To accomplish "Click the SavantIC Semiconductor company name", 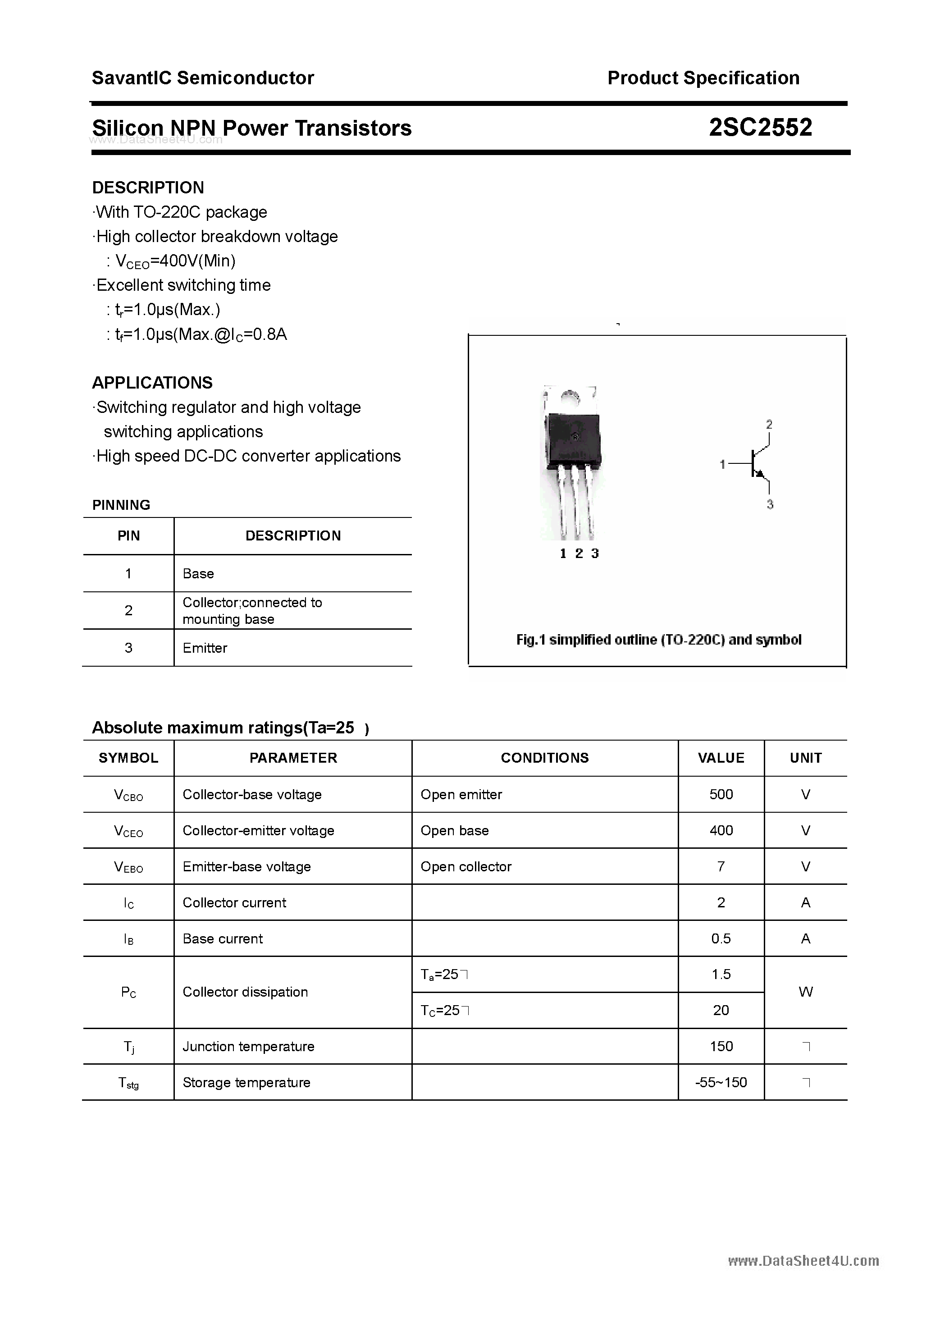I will (203, 78).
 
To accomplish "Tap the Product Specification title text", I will (703, 78).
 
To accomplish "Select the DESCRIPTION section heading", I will (148, 188).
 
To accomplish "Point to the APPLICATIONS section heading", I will (152, 383).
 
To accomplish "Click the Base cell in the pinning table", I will (198, 573).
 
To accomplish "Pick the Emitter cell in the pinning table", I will (205, 648).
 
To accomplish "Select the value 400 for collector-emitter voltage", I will (721, 830).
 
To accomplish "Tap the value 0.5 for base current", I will (721, 938).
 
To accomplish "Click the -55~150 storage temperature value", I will (721, 1082).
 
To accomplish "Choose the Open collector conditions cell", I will (465, 866).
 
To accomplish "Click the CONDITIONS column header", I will (545, 758).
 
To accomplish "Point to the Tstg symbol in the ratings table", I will (128, 1083).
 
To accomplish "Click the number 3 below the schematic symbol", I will (770, 504).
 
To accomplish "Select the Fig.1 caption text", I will (658, 640).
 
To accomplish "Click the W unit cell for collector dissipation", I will (805, 992).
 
